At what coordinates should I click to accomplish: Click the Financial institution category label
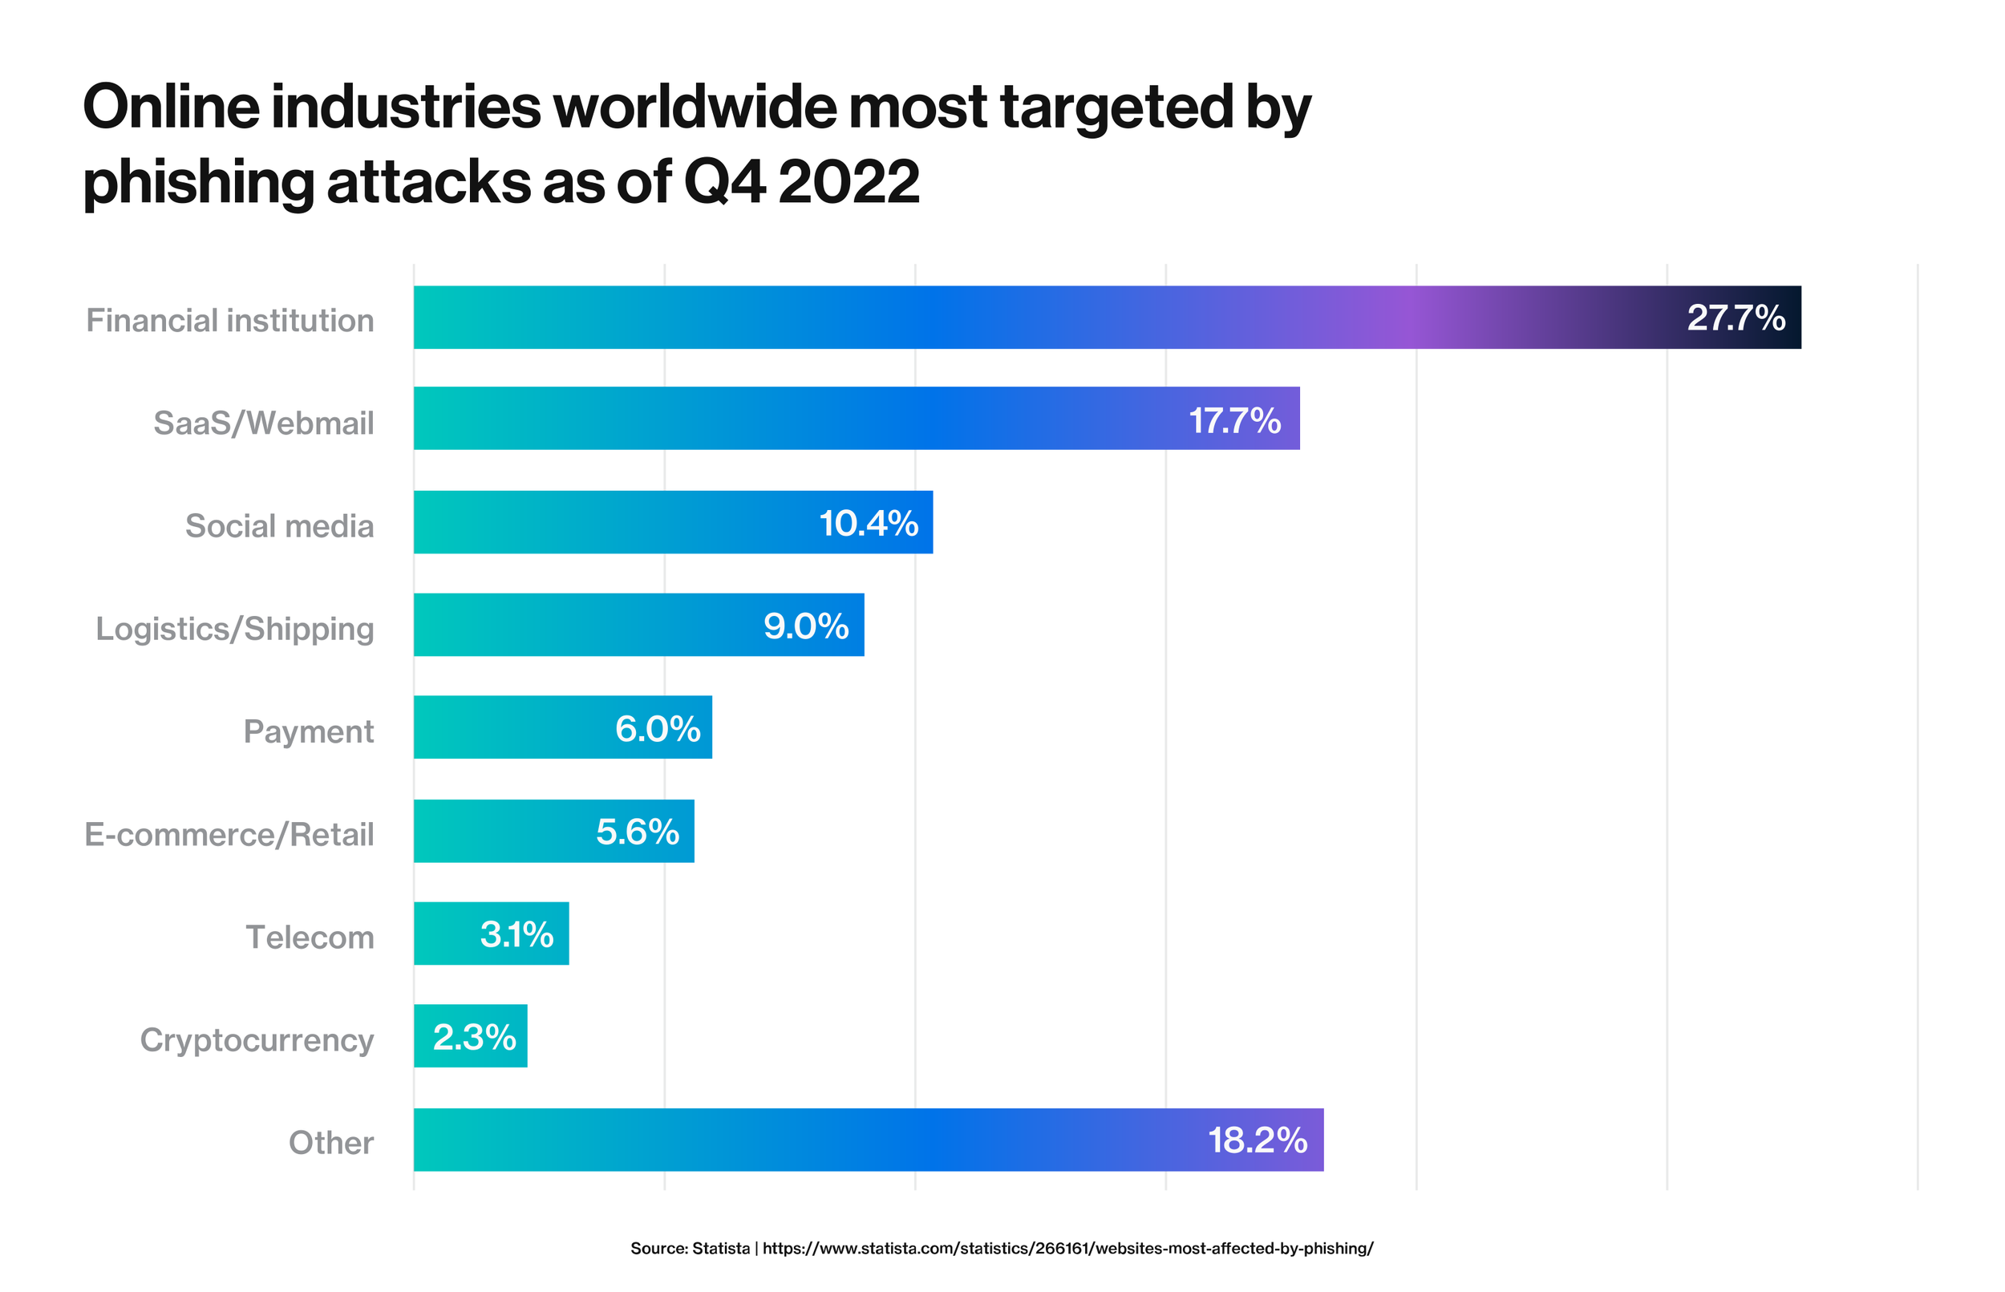pos(230,321)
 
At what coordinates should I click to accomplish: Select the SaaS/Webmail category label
pos(263,423)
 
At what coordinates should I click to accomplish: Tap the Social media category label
pos(279,526)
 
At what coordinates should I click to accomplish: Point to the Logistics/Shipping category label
pos(235,630)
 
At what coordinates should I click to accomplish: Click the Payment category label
pos(308,731)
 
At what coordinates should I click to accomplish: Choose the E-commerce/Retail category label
pos(229,835)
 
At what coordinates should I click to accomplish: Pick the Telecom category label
pos(310,937)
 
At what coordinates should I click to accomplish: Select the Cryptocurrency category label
pos(257,1040)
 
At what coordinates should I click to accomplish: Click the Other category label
pos(330,1143)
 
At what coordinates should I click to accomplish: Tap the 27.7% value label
pos(1736,318)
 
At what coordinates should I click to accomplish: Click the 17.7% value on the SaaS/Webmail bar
pos(1235,420)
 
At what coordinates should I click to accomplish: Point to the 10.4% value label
pos(869,524)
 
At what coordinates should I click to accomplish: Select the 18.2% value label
pos(1257,1140)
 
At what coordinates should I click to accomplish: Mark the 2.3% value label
pos(474,1038)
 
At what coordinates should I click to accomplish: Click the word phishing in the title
pos(198,182)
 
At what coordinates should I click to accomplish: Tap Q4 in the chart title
pos(724,182)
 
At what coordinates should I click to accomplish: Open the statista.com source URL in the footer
pos(1067,1249)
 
